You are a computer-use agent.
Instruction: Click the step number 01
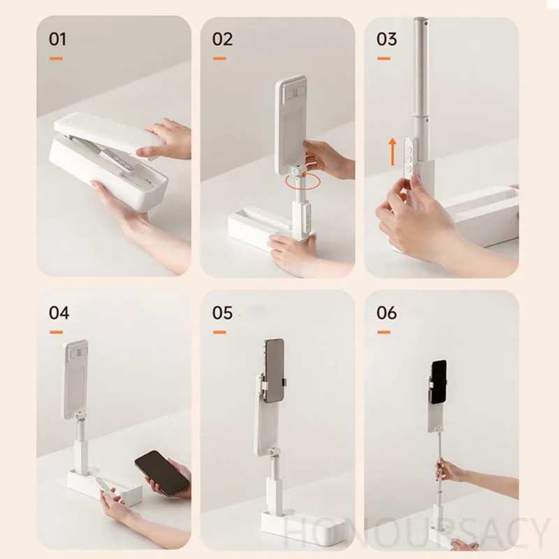(57, 39)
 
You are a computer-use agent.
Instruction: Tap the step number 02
(222, 39)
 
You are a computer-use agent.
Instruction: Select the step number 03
(386, 39)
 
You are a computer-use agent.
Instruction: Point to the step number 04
(59, 313)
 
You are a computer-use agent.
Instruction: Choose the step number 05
(222, 313)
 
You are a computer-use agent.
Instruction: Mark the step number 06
(386, 313)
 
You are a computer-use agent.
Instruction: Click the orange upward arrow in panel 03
(393, 152)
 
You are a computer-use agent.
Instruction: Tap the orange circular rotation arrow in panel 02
(303, 182)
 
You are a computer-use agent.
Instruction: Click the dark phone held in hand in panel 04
(162, 473)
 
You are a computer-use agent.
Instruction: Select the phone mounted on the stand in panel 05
(274, 370)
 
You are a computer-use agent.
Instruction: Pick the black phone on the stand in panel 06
(439, 382)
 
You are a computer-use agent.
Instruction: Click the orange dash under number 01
(56, 59)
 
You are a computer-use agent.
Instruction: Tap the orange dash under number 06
(384, 333)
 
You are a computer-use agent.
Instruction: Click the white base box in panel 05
(303, 527)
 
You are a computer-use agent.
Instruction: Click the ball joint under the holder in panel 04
(80, 416)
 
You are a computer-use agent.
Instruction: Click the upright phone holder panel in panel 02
(290, 125)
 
